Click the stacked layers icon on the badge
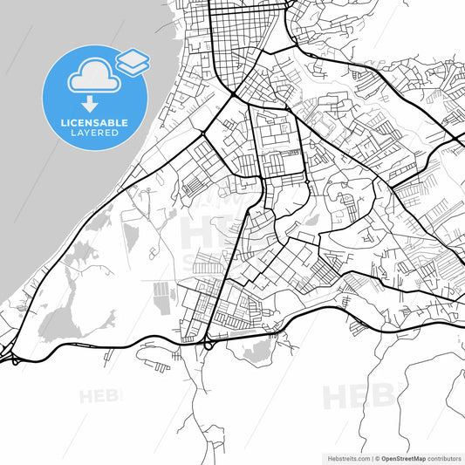click(x=132, y=60)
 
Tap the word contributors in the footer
click(x=444, y=457)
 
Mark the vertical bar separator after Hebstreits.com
click(x=371, y=457)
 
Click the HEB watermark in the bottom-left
click(x=99, y=396)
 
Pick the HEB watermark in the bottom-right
click(x=358, y=397)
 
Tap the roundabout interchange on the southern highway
click(x=209, y=344)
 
